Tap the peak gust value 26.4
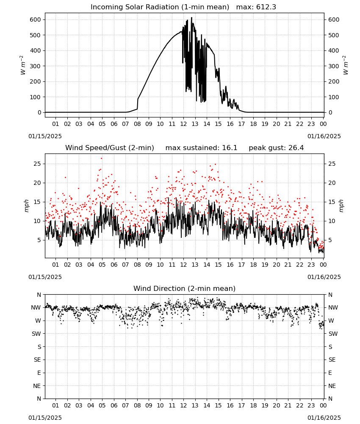coord(296,148)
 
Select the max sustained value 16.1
coord(230,148)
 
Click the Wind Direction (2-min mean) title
coord(185,288)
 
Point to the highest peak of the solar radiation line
coord(192,18)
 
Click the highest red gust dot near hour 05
coord(102,159)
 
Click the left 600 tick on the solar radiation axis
coord(36,20)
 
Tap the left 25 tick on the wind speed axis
coord(37,164)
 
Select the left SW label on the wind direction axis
coord(36,334)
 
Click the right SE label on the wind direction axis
coord(332,360)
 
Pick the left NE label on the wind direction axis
coord(37,386)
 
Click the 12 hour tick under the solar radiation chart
coord(184,124)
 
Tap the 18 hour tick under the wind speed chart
coord(253,265)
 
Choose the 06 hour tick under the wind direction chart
coord(114,406)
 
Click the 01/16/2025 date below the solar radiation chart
coord(324,136)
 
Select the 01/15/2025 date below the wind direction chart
coord(45,418)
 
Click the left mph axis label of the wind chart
coord(26,206)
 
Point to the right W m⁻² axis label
coord(346,65)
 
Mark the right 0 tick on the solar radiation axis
coord(330,112)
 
